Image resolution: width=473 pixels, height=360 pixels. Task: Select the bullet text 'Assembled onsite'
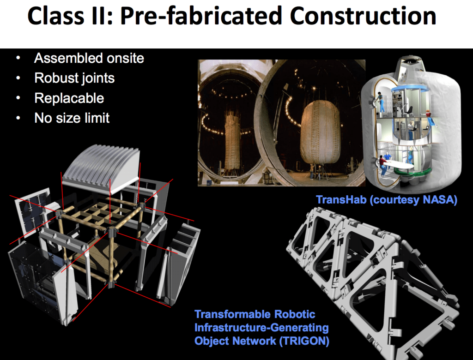(89, 59)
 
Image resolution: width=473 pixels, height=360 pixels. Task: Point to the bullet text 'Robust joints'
(74, 78)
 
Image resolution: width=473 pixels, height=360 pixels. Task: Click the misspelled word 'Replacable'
(69, 98)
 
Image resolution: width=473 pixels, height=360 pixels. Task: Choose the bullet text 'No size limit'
(72, 118)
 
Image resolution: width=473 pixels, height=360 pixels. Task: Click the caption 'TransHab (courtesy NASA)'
(386, 200)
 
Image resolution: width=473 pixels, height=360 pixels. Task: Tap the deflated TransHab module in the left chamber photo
(233, 141)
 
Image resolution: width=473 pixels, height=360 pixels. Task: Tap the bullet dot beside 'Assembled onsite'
(18, 59)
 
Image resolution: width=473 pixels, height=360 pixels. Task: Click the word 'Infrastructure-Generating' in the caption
(261, 328)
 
